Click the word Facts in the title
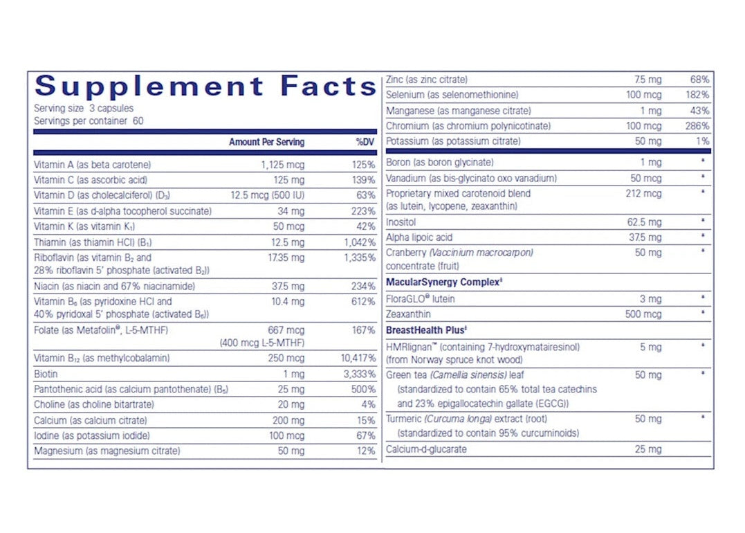pos(328,87)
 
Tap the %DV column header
pos(365,142)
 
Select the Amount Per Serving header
pos(266,142)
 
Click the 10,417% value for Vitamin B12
pos(358,359)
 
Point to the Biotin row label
pos(45,374)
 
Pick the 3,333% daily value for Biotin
pos(360,374)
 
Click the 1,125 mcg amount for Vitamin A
pos(282,165)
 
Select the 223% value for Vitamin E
pos(364,211)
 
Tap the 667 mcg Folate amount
pos(286,330)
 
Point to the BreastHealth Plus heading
pos(424,330)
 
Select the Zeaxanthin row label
pos(408,314)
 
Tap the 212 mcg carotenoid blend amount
pos(643,194)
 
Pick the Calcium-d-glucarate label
pos(426,449)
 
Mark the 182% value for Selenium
pos(697,95)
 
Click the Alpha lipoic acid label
pos(419,237)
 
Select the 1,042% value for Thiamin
pos(360,242)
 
